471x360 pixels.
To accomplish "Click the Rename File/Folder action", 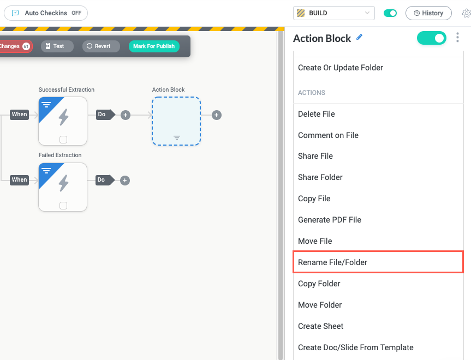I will (332, 262).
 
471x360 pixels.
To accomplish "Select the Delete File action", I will (317, 114).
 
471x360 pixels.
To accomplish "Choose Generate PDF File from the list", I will (330, 220).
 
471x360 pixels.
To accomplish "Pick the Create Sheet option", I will (321, 326).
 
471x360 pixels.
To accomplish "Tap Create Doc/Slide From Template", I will (356, 347).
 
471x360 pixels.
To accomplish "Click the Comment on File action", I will (328, 135).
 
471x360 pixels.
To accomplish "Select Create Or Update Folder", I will (341, 68).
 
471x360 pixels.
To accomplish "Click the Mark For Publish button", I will (154, 46).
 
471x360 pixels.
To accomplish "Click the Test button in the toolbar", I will (57, 46).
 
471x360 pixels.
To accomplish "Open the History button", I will (428, 13).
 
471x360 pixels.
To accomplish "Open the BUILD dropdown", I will (334, 13).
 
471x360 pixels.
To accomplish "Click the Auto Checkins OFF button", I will (46, 13).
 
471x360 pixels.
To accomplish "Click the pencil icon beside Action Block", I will (359, 38).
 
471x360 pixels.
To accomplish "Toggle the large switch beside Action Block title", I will (431, 38).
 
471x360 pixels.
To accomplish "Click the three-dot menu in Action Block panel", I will (457, 38).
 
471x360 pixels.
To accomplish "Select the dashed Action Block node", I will (176, 121).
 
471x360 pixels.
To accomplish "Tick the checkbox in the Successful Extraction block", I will (63, 140).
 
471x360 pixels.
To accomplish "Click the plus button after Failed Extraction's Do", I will (124, 181).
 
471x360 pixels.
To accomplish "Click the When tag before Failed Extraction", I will (19, 180).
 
